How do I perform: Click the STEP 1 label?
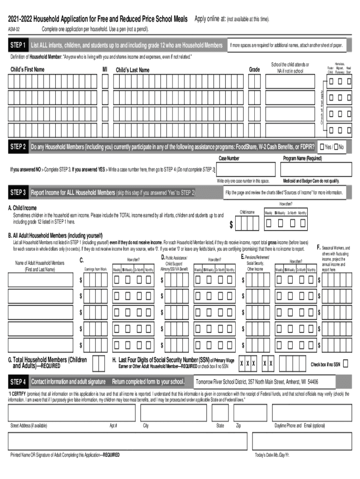(x=18, y=45)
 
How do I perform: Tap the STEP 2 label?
(x=18, y=147)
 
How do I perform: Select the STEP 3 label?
(x=18, y=192)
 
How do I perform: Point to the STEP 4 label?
(x=18, y=381)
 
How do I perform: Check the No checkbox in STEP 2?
(x=337, y=147)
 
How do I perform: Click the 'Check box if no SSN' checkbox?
(x=346, y=364)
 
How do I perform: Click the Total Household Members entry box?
(x=99, y=363)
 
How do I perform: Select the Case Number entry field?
(x=242, y=169)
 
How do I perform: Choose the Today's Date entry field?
(x=302, y=441)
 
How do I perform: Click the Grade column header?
(x=254, y=70)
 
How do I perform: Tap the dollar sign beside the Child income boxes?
(x=231, y=225)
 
